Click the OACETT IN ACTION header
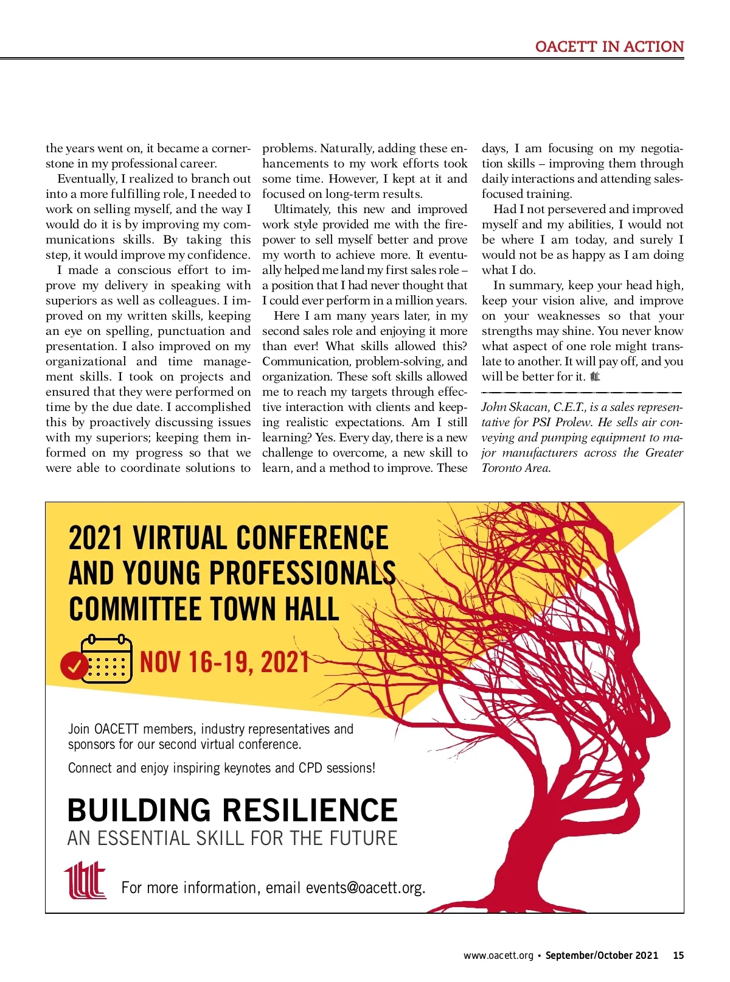pos(609,47)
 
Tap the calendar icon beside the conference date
pos(107,659)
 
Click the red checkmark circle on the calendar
pos(74,665)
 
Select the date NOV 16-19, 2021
pos(224,662)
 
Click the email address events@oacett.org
pos(364,888)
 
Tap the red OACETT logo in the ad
pos(85,880)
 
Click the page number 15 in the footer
pos(678,955)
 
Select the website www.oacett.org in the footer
pos(498,955)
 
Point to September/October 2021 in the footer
pos(602,955)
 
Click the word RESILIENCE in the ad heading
pos(310,810)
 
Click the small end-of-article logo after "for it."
pos(595,377)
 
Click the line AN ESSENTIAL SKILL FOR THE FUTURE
pos(232,838)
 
